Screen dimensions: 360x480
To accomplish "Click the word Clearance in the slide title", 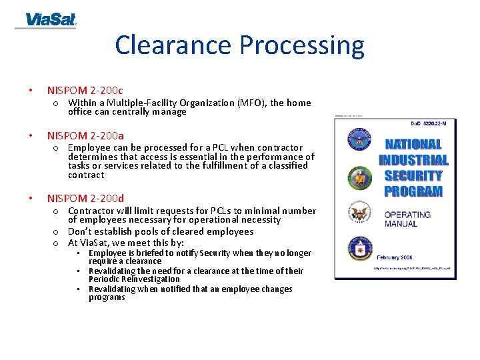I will tap(174, 45).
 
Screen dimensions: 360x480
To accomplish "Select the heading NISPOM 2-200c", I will tap(85, 90).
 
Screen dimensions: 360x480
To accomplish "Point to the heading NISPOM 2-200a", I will tap(85, 135).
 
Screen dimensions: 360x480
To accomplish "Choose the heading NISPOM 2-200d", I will tap(85, 198).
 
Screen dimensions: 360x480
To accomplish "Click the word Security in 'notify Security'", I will tap(216, 253).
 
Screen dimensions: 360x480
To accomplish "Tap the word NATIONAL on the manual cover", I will tap(413, 144).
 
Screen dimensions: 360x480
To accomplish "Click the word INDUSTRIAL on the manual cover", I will tap(413, 160).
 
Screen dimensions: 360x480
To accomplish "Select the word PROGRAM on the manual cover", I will tap(413, 192).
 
